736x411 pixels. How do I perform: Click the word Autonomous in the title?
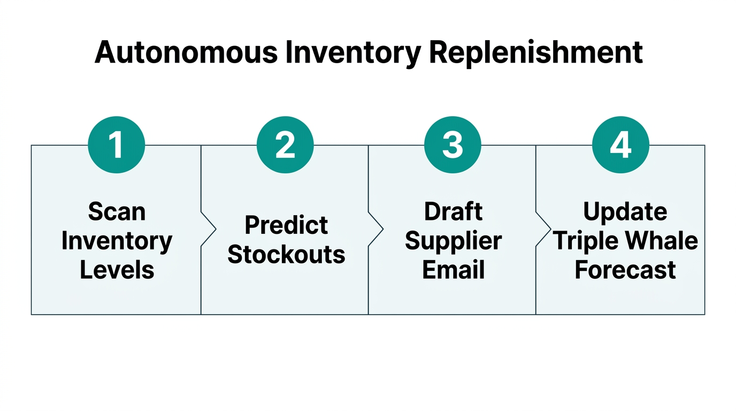pyautogui.click(x=186, y=52)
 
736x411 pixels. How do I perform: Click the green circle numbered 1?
pyautogui.click(x=117, y=144)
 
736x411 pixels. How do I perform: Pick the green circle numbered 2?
pyautogui.click(x=285, y=144)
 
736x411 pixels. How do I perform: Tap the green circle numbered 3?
pyautogui.click(x=453, y=144)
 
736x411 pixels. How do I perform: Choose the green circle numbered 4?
pyautogui.click(x=620, y=144)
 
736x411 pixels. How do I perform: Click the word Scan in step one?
pyautogui.click(x=117, y=211)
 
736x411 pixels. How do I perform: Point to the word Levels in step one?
pyautogui.click(x=117, y=269)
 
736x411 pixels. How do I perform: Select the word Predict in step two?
pyautogui.click(x=286, y=225)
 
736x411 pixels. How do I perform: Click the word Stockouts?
pyautogui.click(x=286, y=254)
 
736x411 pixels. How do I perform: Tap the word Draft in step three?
pyautogui.click(x=453, y=211)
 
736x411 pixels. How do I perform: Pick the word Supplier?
pyautogui.click(x=453, y=240)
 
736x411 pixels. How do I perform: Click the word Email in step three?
pyautogui.click(x=453, y=269)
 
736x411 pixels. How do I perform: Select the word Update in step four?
pyautogui.click(x=625, y=211)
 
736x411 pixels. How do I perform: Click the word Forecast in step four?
pyautogui.click(x=625, y=269)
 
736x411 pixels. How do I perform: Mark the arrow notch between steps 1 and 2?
pyautogui.click(x=209, y=229)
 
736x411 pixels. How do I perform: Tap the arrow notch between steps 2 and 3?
pyautogui.click(x=376, y=229)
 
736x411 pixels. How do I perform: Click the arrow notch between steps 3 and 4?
pyautogui.click(x=543, y=229)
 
